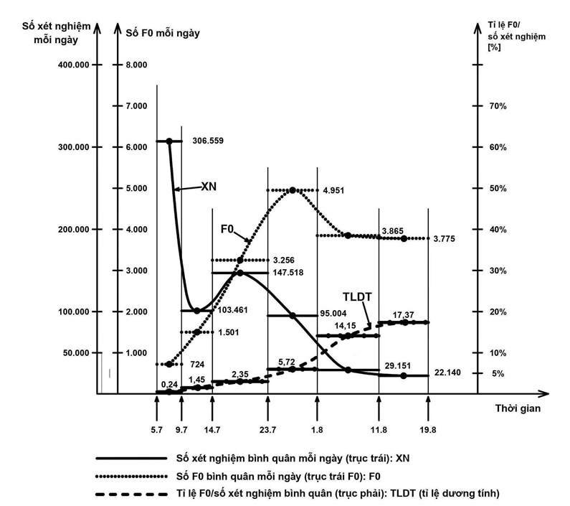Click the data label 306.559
coord(208,141)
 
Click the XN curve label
coord(209,186)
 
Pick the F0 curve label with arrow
coord(229,230)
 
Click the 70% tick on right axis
coord(498,106)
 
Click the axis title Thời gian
coord(517,408)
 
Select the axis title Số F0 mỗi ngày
coord(163,32)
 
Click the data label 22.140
coord(450,375)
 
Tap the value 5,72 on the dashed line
coord(286,361)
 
